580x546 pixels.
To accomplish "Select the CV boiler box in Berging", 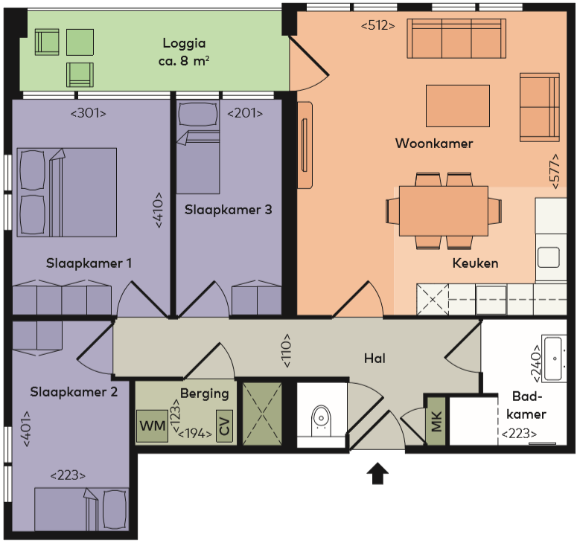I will [224, 426].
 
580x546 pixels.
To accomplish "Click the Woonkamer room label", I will [434, 144].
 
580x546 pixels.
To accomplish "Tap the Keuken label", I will [475, 263].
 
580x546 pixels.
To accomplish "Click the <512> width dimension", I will [377, 26].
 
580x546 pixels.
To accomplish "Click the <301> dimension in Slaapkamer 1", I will [89, 113].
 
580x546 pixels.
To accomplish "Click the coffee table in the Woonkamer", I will [457, 106].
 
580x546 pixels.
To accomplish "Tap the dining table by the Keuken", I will [444, 211].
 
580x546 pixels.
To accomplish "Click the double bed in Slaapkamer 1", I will [67, 192].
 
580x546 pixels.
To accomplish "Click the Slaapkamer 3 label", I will [217, 210].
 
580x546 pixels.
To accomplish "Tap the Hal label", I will [375, 359].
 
